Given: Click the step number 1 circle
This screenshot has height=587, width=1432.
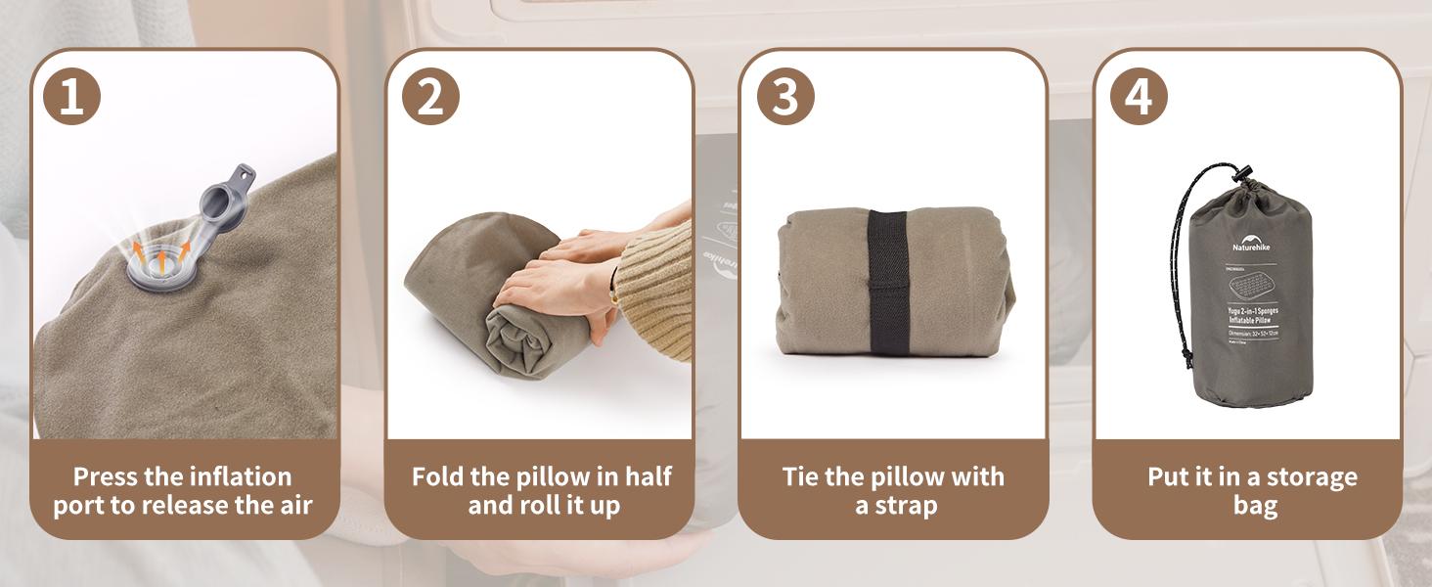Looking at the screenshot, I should pos(71,97).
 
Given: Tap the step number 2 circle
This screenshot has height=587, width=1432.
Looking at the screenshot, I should pos(430,97).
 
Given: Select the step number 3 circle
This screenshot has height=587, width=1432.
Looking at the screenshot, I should pos(785,97).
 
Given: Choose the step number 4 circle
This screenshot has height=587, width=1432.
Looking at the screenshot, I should pos(1140,97).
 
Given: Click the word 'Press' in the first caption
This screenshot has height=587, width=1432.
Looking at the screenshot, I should pos(105,477).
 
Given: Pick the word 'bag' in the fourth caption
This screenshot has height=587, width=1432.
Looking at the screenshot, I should pos(1255,506).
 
